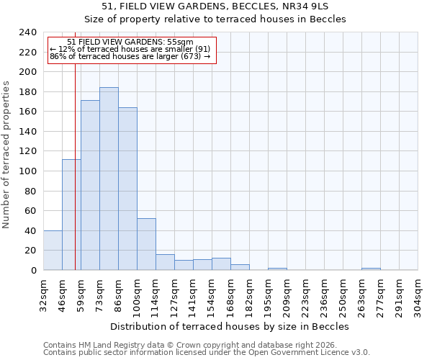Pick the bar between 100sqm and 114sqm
coord(146,244)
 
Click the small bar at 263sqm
coord(371,269)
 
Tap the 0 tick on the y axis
coord(34,270)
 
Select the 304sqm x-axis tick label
coord(419,293)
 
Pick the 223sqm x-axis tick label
coord(307,293)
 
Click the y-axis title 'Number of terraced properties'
coord(6,154)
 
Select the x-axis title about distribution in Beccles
coord(230,326)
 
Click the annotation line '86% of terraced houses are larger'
coord(130,55)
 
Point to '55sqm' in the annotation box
coord(180,42)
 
